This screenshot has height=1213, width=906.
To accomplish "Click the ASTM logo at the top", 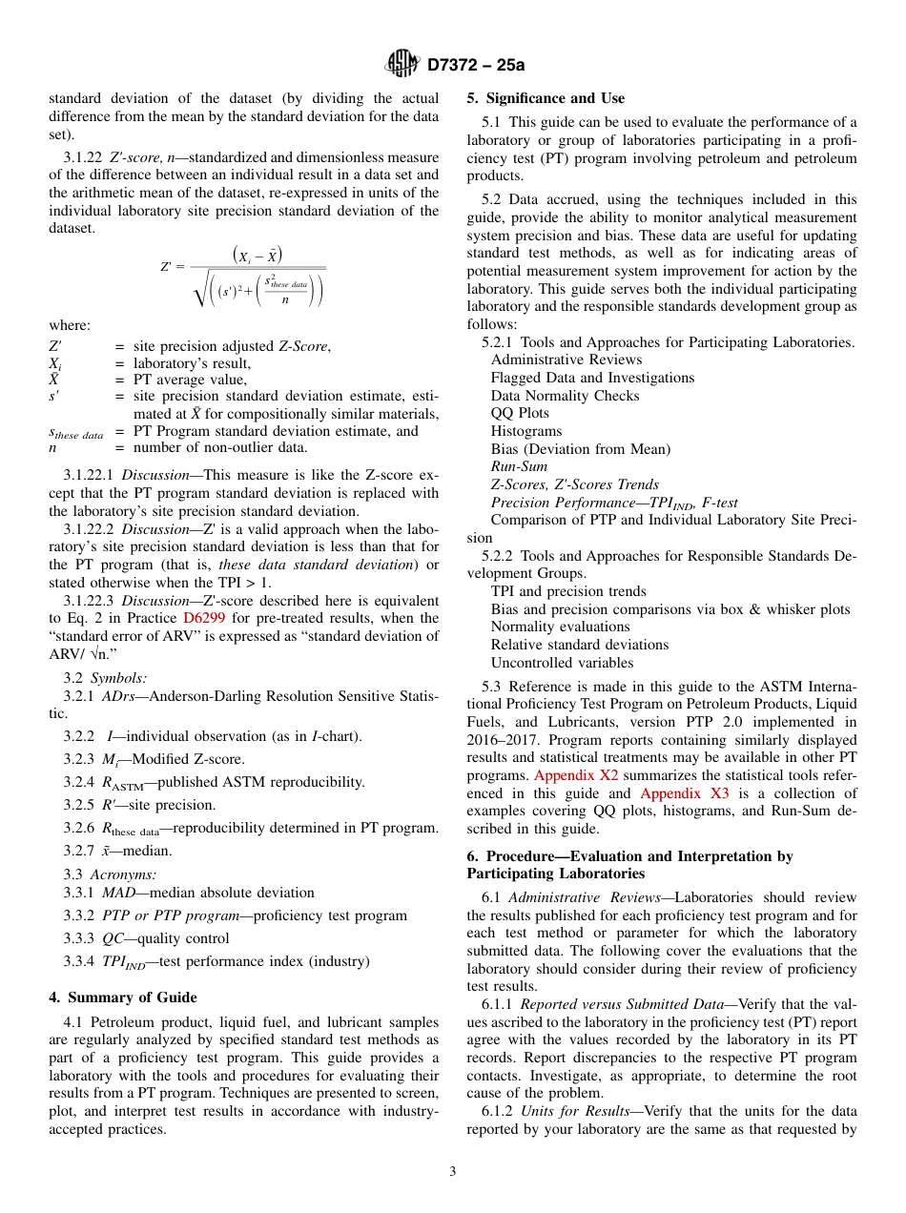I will tap(402, 64).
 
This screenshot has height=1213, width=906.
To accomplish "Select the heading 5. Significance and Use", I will tap(546, 98).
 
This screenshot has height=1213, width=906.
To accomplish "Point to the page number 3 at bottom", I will tap(453, 1171).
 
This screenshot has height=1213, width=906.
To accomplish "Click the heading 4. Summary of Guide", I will tap(123, 997).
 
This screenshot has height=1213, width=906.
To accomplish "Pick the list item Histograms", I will tap(526, 431).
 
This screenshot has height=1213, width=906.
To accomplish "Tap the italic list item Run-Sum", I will tap(519, 466).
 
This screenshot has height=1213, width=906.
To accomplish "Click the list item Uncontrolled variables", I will tap(562, 662).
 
